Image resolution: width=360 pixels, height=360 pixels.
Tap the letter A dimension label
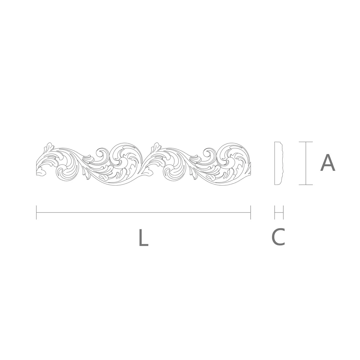click(x=328, y=163)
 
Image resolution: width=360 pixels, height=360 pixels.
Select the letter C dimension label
click(x=278, y=237)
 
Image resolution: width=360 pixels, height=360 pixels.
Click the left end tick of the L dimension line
click(x=36, y=212)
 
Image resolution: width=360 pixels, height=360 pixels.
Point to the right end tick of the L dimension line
click(x=250, y=212)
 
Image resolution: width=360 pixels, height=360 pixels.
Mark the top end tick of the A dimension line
click(x=306, y=142)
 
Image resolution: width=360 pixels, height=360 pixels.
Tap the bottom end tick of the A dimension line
click(x=306, y=184)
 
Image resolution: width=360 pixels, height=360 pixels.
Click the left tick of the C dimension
click(x=275, y=212)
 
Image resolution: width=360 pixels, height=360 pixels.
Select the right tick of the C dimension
click(x=283, y=212)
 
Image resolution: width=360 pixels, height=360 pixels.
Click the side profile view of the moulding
click(x=278, y=163)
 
